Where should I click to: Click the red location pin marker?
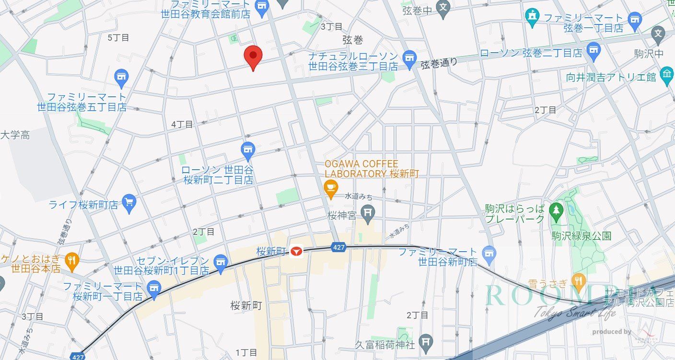(253, 57)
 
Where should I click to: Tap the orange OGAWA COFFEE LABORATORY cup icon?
(330, 187)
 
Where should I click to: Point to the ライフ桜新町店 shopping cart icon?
(128, 203)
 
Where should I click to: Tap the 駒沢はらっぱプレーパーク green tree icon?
(556, 209)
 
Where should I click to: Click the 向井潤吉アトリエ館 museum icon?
(666, 75)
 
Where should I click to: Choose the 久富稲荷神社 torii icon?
(425, 342)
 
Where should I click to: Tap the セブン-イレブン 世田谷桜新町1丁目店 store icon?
(220, 262)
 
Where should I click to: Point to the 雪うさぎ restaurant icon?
(579, 281)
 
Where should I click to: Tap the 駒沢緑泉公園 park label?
(581, 236)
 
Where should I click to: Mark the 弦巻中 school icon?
(444, 7)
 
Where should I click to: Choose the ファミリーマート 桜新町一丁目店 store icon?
(153, 289)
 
